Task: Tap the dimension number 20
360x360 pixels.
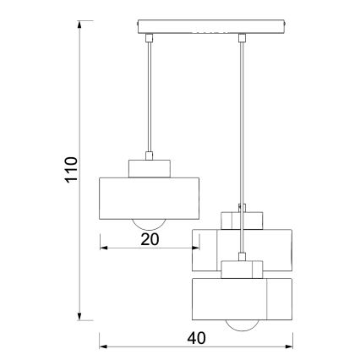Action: click(x=149, y=238)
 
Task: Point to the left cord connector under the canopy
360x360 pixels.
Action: click(x=150, y=38)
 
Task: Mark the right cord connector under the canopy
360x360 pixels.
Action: click(x=243, y=38)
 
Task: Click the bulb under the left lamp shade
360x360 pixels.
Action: click(x=150, y=221)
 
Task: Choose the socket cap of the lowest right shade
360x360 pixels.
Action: click(x=243, y=269)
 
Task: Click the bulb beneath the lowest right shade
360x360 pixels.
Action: click(x=243, y=326)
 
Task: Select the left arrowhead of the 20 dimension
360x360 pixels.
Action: click(x=103, y=248)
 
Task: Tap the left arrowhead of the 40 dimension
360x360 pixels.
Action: click(x=103, y=346)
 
